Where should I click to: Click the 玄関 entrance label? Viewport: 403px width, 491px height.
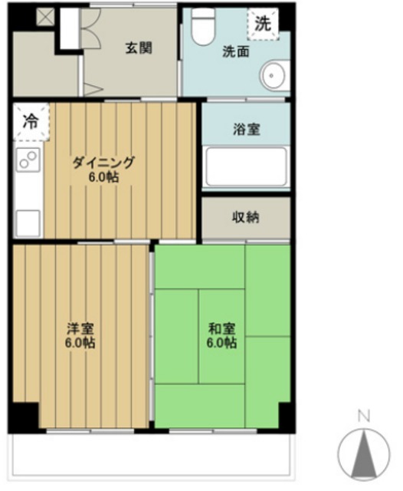pyautogui.click(x=139, y=48)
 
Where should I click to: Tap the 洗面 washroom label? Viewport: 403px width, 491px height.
pyautogui.click(x=234, y=52)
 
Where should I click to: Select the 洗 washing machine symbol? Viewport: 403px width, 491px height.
pyautogui.click(x=263, y=23)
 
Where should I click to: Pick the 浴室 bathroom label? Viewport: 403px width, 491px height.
pyautogui.click(x=246, y=129)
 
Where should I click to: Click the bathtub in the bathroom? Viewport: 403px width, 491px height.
pyautogui.click(x=246, y=167)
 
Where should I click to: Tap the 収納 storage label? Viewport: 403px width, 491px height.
pyautogui.click(x=246, y=217)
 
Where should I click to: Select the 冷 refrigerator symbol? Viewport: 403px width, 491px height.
pyautogui.click(x=30, y=121)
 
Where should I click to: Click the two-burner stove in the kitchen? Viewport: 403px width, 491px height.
pyautogui.click(x=28, y=161)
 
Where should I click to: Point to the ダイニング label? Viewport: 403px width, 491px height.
pyautogui.click(x=103, y=163)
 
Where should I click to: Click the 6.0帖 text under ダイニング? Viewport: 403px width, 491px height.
pyautogui.click(x=103, y=177)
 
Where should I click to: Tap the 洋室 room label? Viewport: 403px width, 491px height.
pyautogui.click(x=80, y=328)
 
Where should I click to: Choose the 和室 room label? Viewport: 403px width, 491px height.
pyautogui.click(x=221, y=328)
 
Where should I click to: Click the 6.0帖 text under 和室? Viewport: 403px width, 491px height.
pyautogui.click(x=221, y=343)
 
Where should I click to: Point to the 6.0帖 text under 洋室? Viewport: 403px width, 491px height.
pyautogui.click(x=80, y=343)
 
